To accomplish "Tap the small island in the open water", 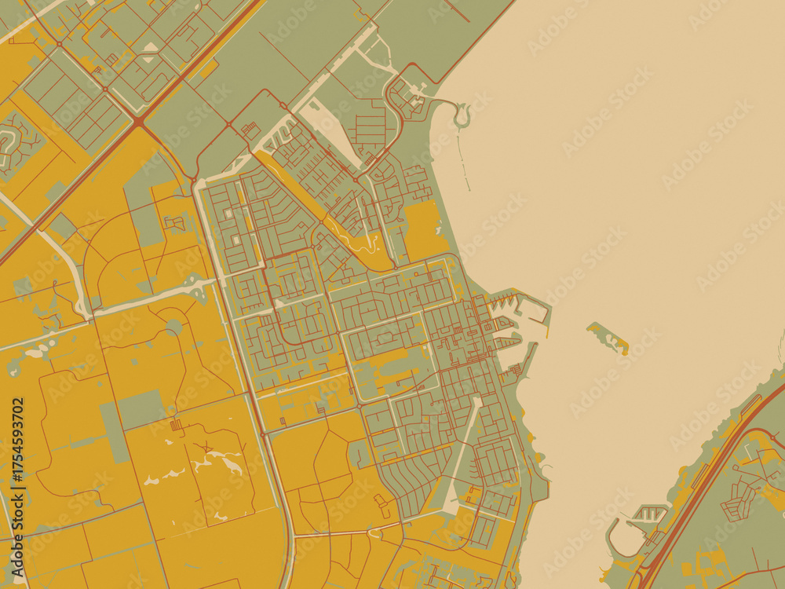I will pos(608,338).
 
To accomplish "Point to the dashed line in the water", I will pos(463,165).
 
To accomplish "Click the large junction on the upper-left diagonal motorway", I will pos(138,122).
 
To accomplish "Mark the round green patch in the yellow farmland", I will pos(173,327).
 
